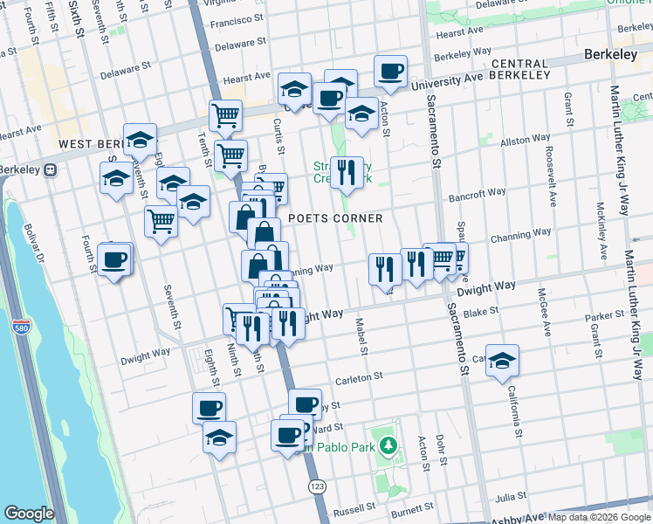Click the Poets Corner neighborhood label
(x=335, y=218)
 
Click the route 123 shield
(x=316, y=485)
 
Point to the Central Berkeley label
(x=521, y=70)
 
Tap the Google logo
(x=29, y=514)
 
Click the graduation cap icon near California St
(x=503, y=360)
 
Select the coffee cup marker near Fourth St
(x=114, y=259)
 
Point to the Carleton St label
(x=359, y=376)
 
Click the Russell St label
(x=354, y=509)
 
